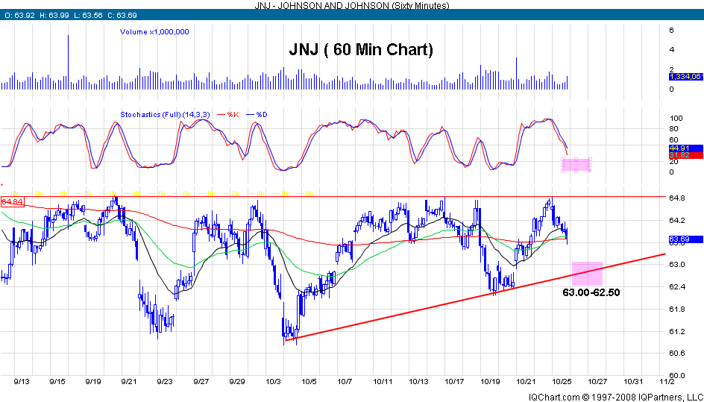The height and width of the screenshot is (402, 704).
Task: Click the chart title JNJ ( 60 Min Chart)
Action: coord(361,51)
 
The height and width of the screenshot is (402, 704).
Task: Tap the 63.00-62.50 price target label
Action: coord(591,292)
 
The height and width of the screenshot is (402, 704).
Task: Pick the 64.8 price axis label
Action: coord(676,198)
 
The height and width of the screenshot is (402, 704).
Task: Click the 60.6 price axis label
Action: coord(676,354)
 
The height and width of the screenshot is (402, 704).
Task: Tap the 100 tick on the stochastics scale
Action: coord(676,119)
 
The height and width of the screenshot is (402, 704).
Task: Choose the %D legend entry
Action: coord(261,114)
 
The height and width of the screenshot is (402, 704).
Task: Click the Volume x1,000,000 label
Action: coord(154,32)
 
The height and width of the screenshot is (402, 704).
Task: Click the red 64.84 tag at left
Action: coord(11,202)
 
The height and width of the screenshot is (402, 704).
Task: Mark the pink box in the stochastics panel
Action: coord(576,166)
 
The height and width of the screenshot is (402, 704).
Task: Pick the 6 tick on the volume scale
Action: coord(672,31)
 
